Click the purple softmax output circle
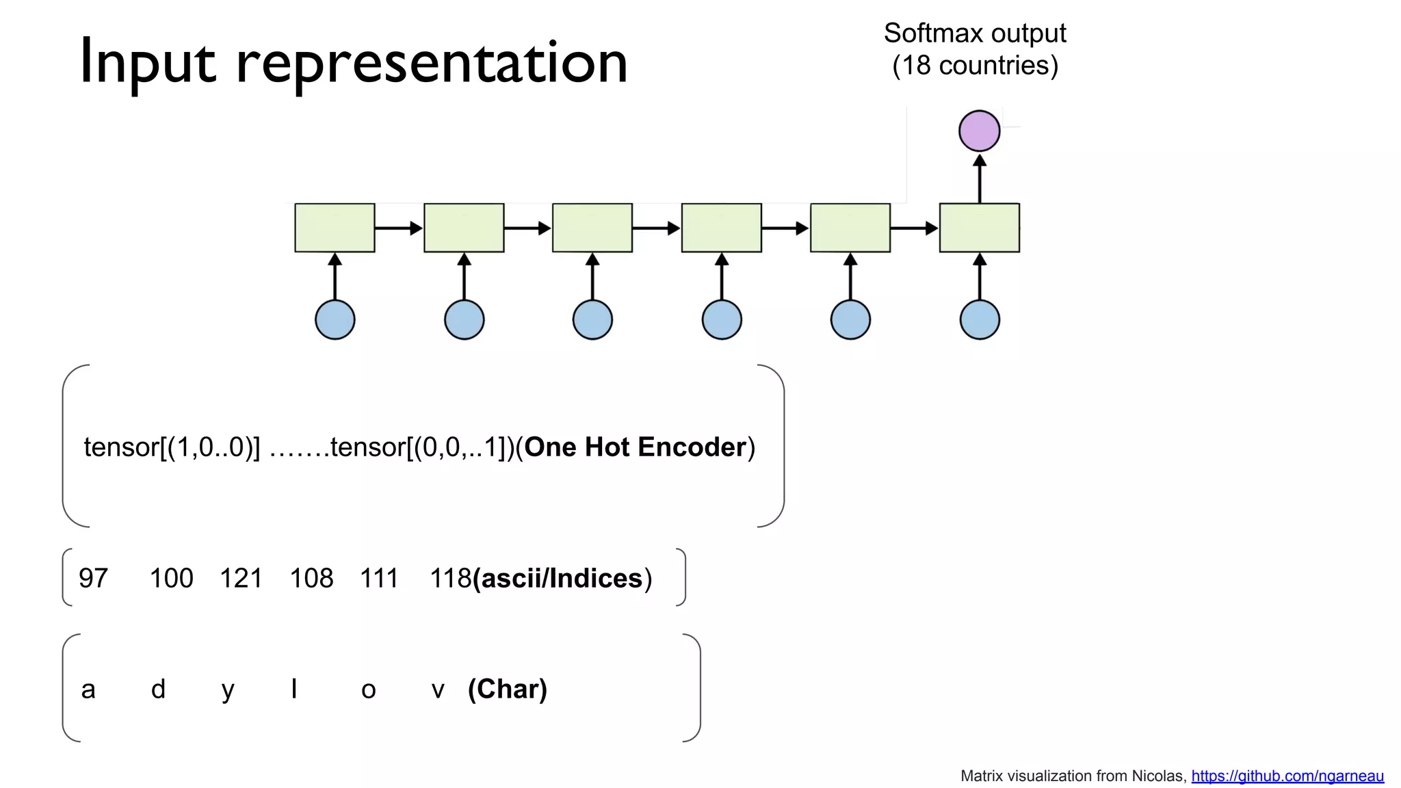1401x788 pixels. pos(979,131)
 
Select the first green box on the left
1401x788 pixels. pos(335,228)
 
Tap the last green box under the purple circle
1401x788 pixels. pos(979,228)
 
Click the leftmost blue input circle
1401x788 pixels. pos(335,319)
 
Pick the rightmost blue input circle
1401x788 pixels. pos(979,319)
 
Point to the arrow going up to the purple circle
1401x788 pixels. pos(979,179)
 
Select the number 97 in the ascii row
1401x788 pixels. pos(93,579)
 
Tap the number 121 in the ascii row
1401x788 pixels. pos(241,579)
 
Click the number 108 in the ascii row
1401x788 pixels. pos(311,579)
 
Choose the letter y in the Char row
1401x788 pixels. pos(228,690)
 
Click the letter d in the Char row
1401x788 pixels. pos(158,689)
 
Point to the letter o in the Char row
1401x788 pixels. pos(368,690)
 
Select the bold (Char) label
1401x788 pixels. pos(507,689)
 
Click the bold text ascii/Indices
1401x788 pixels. pos(561,579)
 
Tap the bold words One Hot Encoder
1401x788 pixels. pos(635,447)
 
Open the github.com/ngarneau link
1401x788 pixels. pos(1287,776)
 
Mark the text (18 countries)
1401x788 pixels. pos(975,66)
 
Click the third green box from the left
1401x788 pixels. pos(592,228)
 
